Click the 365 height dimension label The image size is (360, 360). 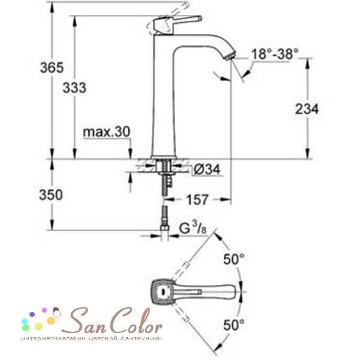(x=52, y=68)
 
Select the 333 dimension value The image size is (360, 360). (x=74, y=88)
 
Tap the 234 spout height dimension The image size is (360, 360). (x=307, y=109)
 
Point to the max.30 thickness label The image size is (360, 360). (x=107, y=131)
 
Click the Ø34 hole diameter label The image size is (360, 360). (x=206, y=169)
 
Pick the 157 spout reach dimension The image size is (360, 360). (x=197, y=200)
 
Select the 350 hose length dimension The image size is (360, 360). (x=51, y=195)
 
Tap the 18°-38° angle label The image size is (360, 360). (x=275, y=54)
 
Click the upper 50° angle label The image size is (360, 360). (x=234, y=259)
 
